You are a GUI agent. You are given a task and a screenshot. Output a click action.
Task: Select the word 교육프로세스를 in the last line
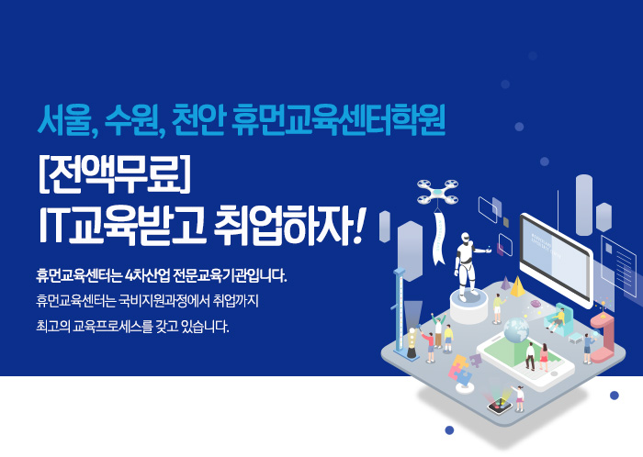coord(111,327)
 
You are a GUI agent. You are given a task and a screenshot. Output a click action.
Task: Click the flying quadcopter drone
coord(438,193)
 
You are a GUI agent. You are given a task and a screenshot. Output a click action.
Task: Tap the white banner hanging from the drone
coord(439,238)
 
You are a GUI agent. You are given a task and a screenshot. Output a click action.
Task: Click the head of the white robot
coord(465,238)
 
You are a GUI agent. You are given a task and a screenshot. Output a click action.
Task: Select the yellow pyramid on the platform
coord(517,286)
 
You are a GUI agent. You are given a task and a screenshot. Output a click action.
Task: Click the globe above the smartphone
coord(516,329)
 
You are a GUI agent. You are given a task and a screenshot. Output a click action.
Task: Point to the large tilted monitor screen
coord(555,259)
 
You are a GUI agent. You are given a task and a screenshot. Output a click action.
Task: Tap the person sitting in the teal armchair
coord(558,318)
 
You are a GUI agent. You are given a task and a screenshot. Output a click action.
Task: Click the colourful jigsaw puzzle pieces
coord(462,367)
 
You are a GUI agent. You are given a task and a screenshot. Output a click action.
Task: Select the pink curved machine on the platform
coord(603,337)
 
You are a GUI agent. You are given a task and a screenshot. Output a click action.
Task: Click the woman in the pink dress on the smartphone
coord(544,357)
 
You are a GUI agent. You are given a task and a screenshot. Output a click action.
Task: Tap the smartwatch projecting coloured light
coord(500,406)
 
